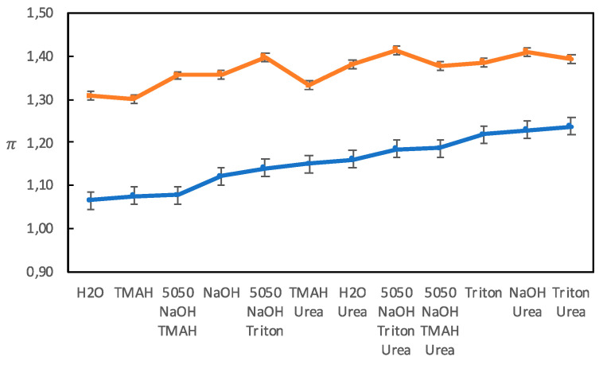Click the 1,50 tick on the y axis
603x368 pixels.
pyautogui.click(x=39, y=14)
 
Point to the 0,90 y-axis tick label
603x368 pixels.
pyautogui.click(x=39, y=272)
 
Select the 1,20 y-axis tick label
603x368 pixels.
pyautogui.click(x=39, y=143)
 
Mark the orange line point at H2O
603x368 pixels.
pyautogui.click(x=91, y=95)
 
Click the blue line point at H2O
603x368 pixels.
pyautogui.click(x=91, y=199)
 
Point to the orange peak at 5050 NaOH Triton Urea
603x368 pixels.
pyautogui.click(x=393, y=50)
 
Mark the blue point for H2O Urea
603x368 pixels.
pyautogui.click(x=350, y=160)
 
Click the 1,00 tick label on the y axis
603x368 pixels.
pyautogui.click(x=39, y=229)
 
